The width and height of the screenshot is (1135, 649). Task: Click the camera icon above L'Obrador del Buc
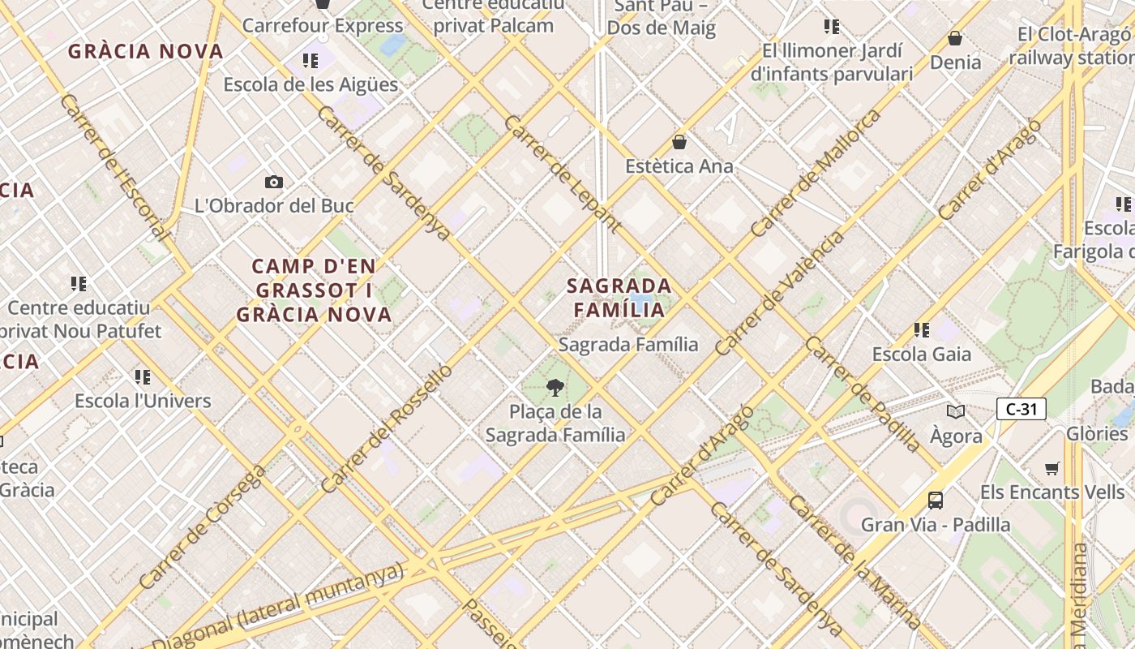[274, 182]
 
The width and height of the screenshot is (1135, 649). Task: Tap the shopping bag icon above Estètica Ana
[679, 142]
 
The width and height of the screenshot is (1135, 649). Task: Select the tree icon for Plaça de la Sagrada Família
[555, 387]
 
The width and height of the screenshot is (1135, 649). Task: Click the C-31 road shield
[1021, 409]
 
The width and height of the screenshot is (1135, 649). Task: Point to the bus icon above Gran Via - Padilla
[936, 500]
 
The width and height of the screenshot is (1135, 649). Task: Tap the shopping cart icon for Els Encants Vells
[1052, 468]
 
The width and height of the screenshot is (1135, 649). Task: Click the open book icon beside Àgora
[956, 411]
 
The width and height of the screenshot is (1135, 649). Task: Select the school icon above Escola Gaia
[921, 329]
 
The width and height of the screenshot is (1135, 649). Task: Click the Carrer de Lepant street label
[563, 174]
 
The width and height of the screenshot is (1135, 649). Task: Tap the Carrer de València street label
[779, 294]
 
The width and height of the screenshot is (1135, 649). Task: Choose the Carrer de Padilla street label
[863, 394]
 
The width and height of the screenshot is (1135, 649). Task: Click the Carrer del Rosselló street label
[387, 428]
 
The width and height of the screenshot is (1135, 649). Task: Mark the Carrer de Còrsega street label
[202, 527]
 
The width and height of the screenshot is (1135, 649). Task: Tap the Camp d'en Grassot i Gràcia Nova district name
[315, 290]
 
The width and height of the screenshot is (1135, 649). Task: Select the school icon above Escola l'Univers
[143, 376]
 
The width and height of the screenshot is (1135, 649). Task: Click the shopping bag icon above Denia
[955, 38]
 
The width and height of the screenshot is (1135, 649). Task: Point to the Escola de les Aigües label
[311, 84]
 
